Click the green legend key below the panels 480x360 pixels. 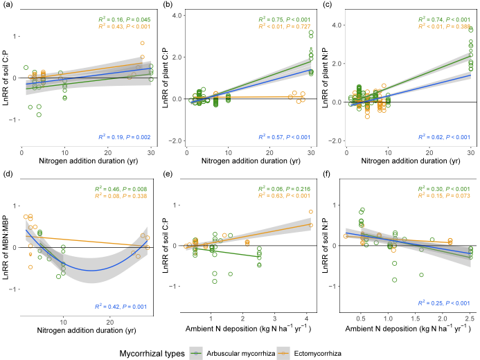click(x=196, y=353)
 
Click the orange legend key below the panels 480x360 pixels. click(x=283, y=353)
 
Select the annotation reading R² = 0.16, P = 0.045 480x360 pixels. click(x=124, y=19)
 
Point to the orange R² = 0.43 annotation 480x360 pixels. click(x=124, y=26)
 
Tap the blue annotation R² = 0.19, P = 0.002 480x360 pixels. click(x=124, y=137)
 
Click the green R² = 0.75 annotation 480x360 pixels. click(x=285, y=19)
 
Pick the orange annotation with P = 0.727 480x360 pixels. click(x=285, y=26)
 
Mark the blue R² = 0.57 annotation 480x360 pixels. click(x=285, y=137)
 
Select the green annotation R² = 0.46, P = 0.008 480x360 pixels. click(x=124, y=189)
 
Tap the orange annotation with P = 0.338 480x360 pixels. click(x=124, y=196)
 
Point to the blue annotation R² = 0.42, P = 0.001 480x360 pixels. click(x=124, y=306)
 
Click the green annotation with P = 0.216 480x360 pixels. click(x=285, y=189)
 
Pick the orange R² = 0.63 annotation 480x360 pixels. click(x=285, y=196)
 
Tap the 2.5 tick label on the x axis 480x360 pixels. click(x=470, y=319)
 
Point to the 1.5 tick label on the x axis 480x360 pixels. click(x=416, y=319)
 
